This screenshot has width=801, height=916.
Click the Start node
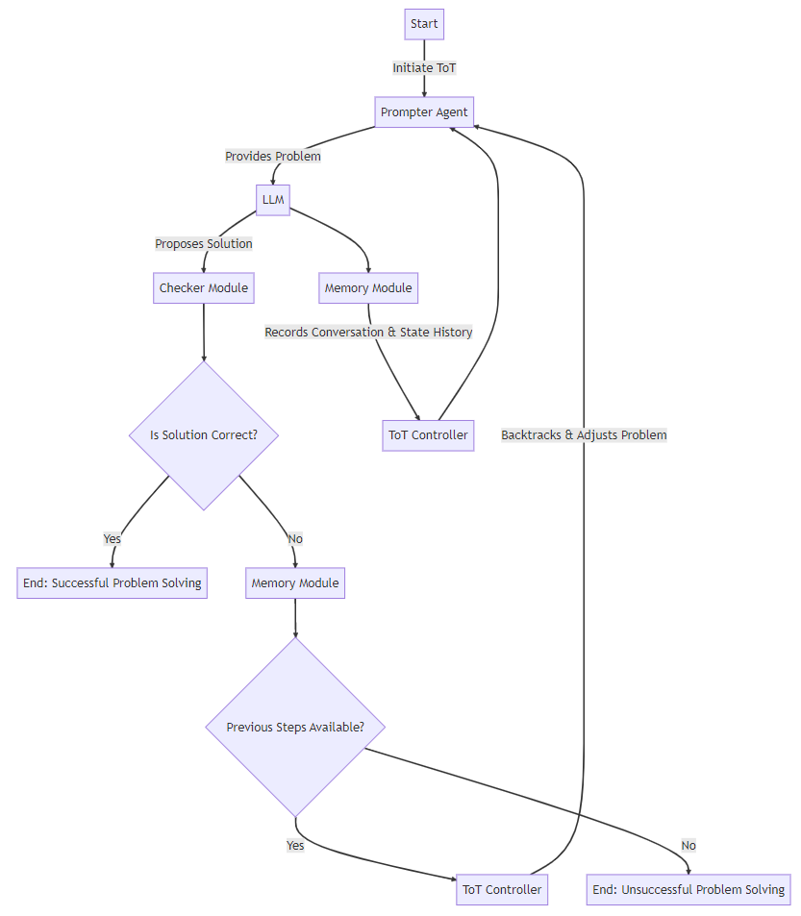[424, 24]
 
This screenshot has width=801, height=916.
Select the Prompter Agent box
[424, 111]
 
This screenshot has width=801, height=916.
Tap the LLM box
[273, 200]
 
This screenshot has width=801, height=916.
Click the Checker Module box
[204, 287]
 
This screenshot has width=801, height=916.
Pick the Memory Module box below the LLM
[368, 287]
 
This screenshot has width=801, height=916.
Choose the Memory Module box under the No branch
[295, 582]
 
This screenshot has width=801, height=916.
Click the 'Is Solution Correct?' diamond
[204, 434]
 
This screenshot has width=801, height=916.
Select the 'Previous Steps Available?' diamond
[295, 727]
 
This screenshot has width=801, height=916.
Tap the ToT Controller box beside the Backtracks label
[428, 434]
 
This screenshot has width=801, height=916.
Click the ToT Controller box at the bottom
[502, 889]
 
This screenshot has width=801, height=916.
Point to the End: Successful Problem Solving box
[113, 582]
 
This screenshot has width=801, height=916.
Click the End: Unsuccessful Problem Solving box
[688, 889]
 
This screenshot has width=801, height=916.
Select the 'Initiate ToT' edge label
[424, 67]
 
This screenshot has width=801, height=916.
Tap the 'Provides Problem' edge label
[273, 156]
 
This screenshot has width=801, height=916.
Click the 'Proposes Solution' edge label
[204, 243]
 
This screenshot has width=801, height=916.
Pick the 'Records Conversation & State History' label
[368, 332]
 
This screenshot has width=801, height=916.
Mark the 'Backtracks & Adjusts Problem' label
[584, 434]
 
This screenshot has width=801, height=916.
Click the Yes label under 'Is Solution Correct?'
[113, 538]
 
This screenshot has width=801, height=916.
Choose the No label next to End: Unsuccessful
[688, 845]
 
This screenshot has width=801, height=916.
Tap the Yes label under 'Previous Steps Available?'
[295, 845]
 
